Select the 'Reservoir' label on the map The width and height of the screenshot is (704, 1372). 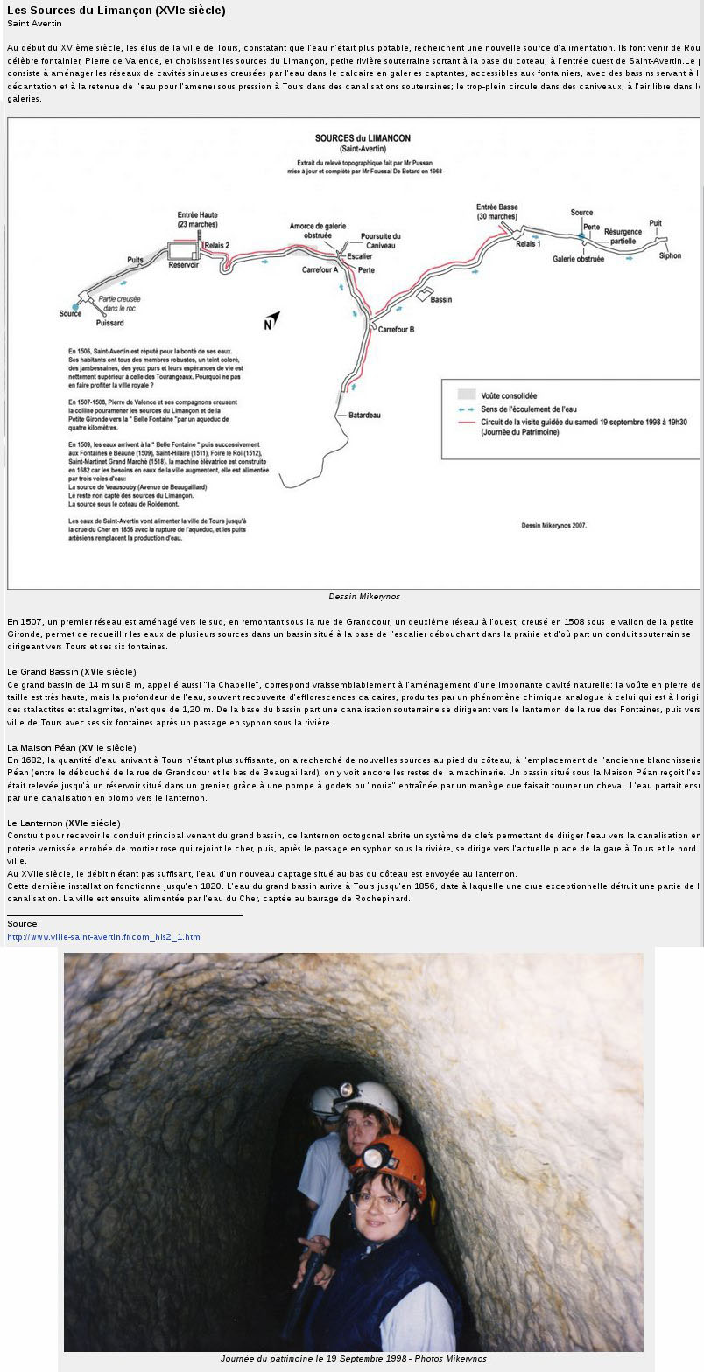coord(184,265)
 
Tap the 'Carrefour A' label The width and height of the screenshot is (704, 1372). coord(320,269)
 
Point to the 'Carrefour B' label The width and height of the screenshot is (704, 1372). coord(396,329)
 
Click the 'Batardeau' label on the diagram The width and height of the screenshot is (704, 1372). coord(364,415)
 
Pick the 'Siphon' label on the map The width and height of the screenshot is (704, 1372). coord(670,255)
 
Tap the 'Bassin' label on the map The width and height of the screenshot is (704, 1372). coord(441,299)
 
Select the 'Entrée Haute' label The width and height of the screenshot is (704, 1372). coord(198,215)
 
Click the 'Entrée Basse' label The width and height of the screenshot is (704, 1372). coord(497,207)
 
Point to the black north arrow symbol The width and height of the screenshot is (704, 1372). coord(272,320)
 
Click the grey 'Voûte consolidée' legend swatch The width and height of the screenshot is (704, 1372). coord(467,395)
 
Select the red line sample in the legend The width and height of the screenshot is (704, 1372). coord(467,422)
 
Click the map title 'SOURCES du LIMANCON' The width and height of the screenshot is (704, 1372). coord(363,138)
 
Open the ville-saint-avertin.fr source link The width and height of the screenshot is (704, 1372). coord(103,936)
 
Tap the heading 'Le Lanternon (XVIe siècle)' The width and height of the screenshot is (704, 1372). coord(63,823)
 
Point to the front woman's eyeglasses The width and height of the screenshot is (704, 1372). coord(379,1200)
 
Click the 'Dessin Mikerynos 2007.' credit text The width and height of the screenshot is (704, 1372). coord(553,526)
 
